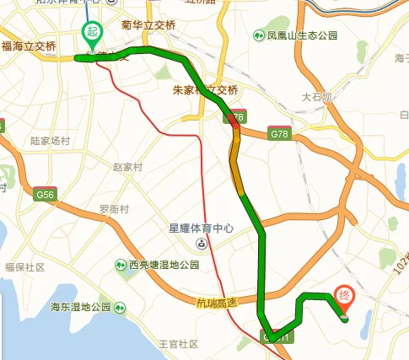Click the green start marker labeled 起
[91, 35]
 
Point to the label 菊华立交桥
[148, 25]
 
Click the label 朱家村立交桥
[205, 90]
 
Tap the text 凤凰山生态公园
[302, 35]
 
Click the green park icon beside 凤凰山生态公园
[258, 35]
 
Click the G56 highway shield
[45, 195]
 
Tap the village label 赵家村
[130, 168]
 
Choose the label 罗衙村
[116, 208]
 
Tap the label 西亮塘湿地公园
[164, 265]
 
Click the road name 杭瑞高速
[218, 302]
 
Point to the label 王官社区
[178, 344]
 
